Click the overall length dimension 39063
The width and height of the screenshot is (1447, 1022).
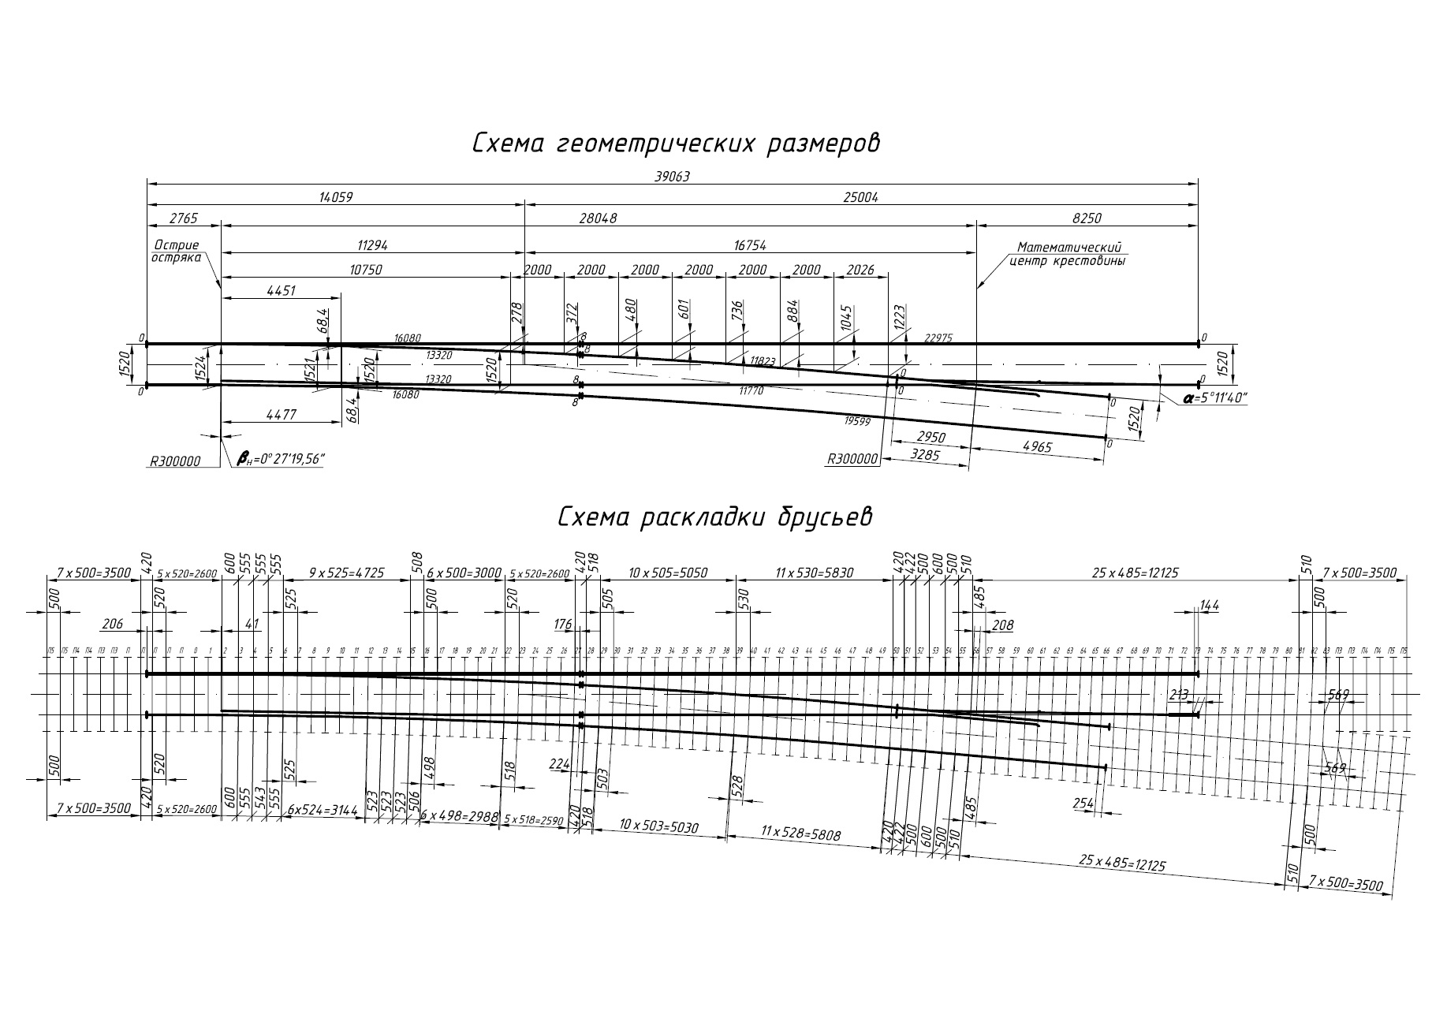[x=672, y=177]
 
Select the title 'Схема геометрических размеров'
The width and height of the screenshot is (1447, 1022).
[x=676, y=144]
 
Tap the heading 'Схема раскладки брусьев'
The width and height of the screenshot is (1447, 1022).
[x=714, y=517]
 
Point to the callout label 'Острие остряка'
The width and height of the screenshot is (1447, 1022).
[x=177, y=252]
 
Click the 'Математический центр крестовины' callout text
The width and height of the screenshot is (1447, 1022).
[x=1068, y=254]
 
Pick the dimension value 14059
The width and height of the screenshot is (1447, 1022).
[x=335, y=198]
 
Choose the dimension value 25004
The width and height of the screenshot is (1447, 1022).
[x=860, y=198]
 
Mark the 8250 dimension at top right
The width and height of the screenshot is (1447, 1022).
[x=1087, y=218]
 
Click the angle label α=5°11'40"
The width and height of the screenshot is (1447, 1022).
[x=1214, y=399]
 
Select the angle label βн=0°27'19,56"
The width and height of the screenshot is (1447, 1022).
[x=281, y=459]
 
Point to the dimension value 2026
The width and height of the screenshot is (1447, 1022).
[x=860, y=270]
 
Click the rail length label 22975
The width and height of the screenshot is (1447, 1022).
[x=938, y=338]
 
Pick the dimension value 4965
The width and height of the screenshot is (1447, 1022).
[x=1037, y=448]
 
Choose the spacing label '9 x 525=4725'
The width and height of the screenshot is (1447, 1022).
[x=347, y=573]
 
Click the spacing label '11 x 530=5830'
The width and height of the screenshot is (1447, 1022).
[x=814, y=573]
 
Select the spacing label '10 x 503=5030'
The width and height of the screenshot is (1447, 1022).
[x=658, y=826]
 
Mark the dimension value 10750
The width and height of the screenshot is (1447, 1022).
[x=365, y=270]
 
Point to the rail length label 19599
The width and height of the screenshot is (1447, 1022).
[x=857, y=422]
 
